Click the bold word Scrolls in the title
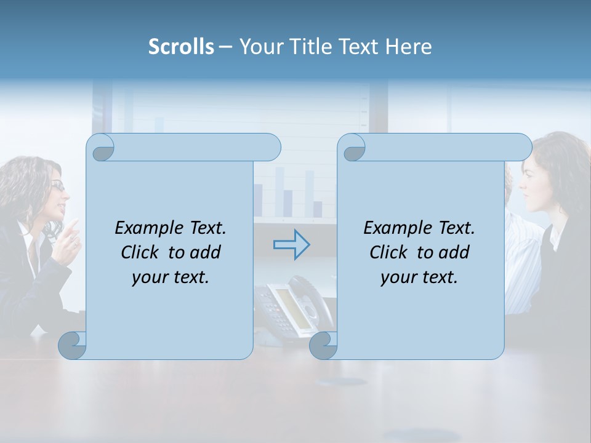pos(181,47)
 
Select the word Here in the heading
pos(408,47)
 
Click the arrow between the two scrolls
pos(291,245)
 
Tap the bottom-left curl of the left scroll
pos(73,346)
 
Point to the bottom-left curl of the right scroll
pos(324,346)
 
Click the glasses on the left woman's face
pos(57,185)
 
